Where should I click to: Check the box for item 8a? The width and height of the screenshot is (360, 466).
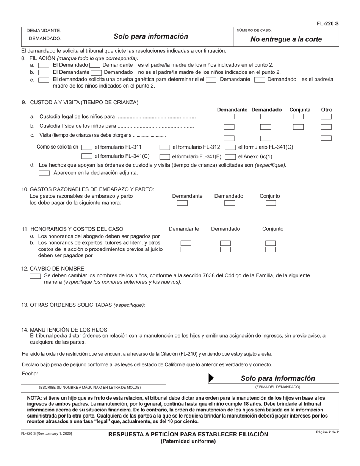(x=44, y=65)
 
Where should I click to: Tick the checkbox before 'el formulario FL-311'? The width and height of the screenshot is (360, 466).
(x=87, y=147)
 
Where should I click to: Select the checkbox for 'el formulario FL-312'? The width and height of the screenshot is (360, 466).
(x=165, y=147)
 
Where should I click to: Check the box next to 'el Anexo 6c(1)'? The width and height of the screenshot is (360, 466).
(x=230, y=156)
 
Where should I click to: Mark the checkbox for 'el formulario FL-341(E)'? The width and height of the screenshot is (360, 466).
(x=165, y=156)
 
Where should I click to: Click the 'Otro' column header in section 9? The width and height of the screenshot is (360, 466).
(x=326, y=110)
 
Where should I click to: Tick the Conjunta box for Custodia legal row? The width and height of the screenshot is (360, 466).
(x=298, y=117)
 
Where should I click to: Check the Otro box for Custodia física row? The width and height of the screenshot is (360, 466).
(x=326, y=127)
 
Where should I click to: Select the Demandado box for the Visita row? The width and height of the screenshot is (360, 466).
(x=266, y=138)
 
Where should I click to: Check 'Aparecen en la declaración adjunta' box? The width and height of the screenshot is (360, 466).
(x=45, y=173)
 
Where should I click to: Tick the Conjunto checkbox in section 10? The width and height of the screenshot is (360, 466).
(x=271, y=203)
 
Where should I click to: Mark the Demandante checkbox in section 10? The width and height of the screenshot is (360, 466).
(x=182, y=203)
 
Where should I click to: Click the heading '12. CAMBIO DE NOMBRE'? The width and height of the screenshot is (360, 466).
(x=53, y=269)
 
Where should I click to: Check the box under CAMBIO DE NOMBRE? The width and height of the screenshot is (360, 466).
(x=35, y=276)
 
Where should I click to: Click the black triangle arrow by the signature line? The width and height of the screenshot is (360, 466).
(x=211, y=378)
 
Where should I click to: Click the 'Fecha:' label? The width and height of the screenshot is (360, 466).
(x=30, y=374)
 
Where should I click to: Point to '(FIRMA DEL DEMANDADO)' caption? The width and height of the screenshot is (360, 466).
(x=277, y=387)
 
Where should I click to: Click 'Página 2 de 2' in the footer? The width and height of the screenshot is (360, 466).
(x=327, y=432)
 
